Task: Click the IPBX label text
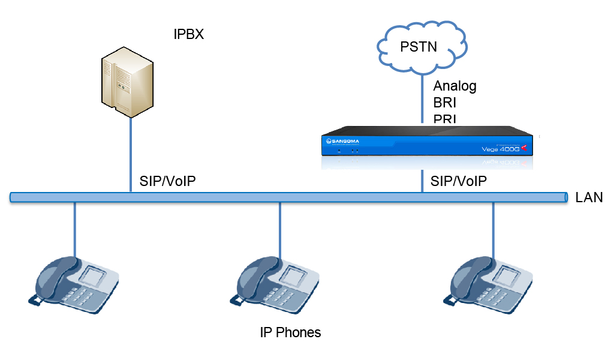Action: pyautogui.click(x=188, y=34)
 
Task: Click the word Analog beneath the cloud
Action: pyautogui.click(x=455, y=86)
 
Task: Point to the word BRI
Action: pyautogui.click(x=445, y=103)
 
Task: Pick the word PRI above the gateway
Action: pyautogui.click(x=445, y=119)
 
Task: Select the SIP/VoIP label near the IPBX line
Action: pyautogui.click(x=168, y=181)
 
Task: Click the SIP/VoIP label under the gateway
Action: pyautogui.click(x=459, y=181)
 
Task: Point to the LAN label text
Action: pyautogui.click(x=589, y=198)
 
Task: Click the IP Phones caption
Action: pyautogui.click(x=290, y=332)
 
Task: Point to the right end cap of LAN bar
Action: pyautogui.click(x=565, y=197)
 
